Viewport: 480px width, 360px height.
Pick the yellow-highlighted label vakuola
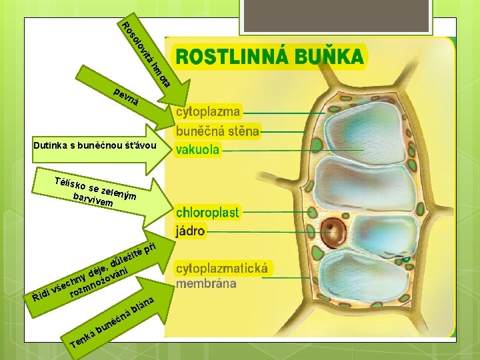point(197,150)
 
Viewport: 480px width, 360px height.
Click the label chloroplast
point(207,213)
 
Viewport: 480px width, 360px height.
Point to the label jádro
point(191,231)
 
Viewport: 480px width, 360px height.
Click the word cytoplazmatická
point(222,268)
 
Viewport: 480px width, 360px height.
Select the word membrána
point(206,283)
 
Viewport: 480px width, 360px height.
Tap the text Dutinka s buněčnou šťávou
point(95,145)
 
